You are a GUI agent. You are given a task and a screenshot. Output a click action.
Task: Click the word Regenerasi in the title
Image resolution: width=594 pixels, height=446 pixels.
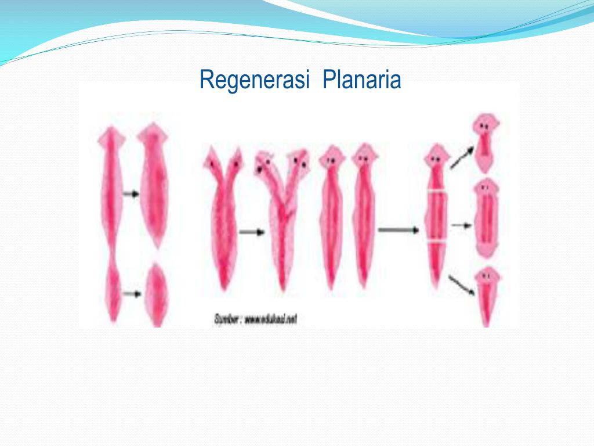(x=253, y=80)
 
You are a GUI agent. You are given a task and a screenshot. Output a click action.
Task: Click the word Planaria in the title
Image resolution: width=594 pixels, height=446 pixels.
(x=362, y=80)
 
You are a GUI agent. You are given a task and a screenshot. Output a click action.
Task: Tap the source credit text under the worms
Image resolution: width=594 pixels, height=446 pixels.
(x=255, y=319)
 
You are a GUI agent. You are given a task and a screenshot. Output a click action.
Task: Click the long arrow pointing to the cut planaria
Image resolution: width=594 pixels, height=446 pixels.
(x=398, y=230)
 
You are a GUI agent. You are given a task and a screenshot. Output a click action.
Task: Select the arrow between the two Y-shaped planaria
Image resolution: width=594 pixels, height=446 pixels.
(x=251, y=232)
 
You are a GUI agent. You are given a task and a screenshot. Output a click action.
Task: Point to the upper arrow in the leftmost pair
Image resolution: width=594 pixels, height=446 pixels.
(x=132, y=194)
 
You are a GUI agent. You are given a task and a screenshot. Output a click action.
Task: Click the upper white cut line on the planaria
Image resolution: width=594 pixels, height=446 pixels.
(x=436, y=191)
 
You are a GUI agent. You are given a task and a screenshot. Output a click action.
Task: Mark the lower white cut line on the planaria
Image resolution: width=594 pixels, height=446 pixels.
(x=436, y=243)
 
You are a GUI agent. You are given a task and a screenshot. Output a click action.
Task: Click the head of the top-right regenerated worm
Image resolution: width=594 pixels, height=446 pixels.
(x=484, y=124)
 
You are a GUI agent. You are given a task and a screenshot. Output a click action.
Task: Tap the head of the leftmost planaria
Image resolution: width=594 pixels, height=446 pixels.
(x=111, y=138)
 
